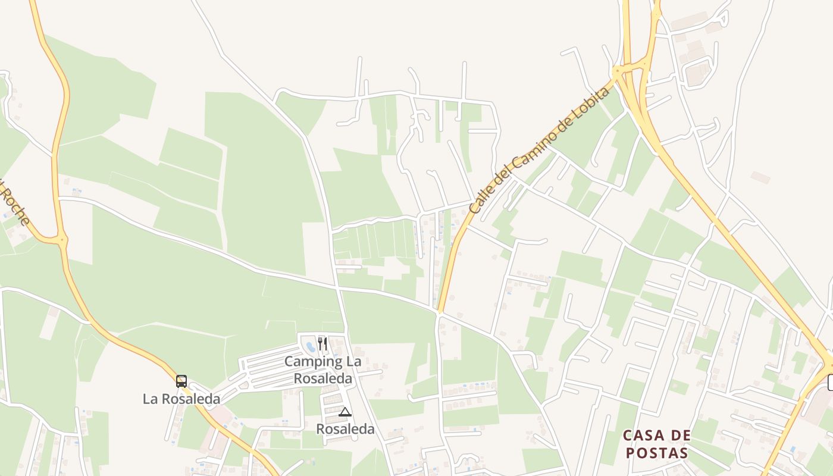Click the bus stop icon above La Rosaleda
tap(181, 381)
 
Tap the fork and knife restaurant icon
tap(322, 343)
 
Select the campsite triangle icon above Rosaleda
tap(345, 412)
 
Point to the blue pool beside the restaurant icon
tap(310, 345)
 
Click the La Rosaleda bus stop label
tap(181, 399)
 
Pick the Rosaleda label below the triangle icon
tap(345, 429)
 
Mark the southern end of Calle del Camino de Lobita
tap(440, 310)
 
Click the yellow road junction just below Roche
tap(62, 240)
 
